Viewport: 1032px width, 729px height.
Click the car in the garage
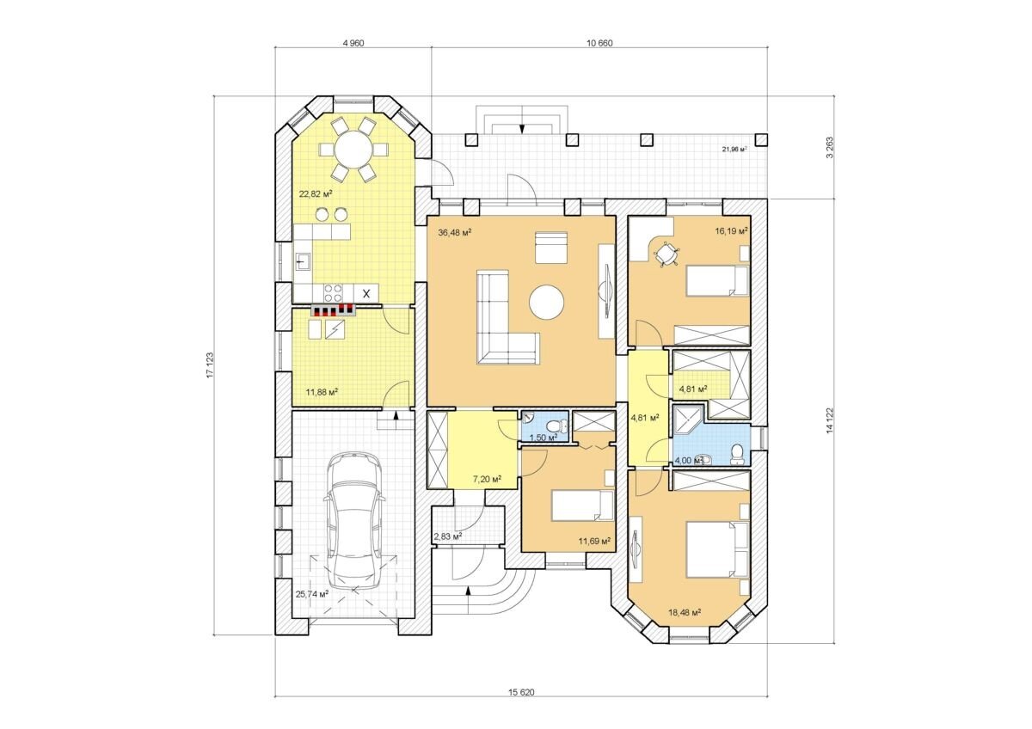(x=353, y=521)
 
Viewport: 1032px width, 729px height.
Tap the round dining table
(x=353, y=149)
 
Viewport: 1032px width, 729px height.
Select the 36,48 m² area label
(x=454, y=233)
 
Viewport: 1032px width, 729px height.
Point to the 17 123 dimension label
(x=210, y=365)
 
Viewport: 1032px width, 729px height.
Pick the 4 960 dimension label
(x=353, y=43)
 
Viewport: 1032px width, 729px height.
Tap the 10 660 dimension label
(x=599, y=43)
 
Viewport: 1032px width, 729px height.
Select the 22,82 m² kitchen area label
(x=316, y=194)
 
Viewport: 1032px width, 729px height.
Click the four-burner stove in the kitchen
(x=333, y=293)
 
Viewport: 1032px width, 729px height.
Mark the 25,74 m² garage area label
(x=312, y=594)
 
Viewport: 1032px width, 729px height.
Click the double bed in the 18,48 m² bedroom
(x=717, y=549)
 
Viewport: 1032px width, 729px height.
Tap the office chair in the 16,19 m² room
(x=666, y=253)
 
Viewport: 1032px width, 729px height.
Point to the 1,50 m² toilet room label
(x=544, y=437)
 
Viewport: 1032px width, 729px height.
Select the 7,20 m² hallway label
(x=487, y=480)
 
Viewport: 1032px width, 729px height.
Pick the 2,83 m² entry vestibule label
(x=448, y=536)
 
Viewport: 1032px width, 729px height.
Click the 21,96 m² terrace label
(x=734, y=149)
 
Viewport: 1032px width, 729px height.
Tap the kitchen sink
(x=302, y=261)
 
